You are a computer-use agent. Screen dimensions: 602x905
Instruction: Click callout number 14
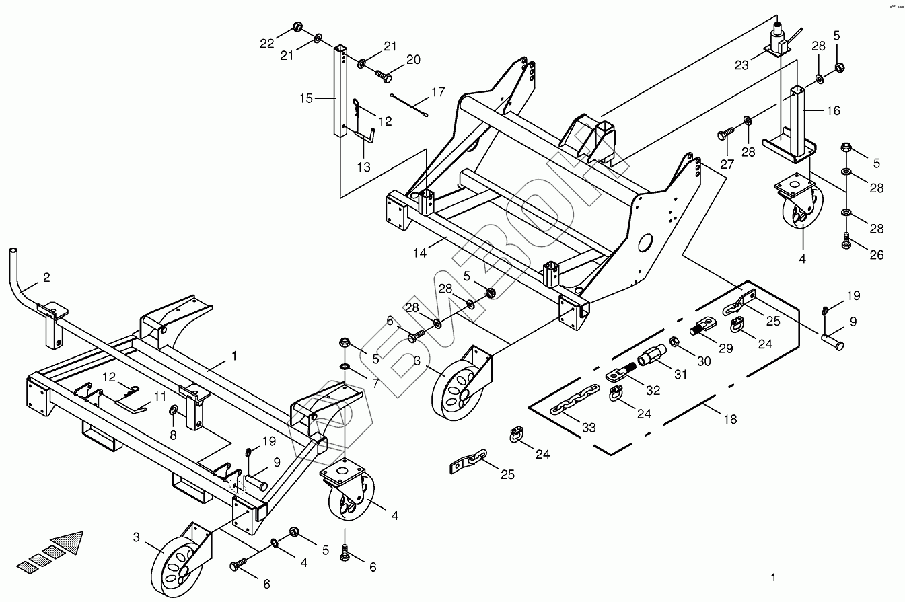[x=420, y=254]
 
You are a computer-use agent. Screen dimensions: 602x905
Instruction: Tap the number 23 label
[x=741, y=65]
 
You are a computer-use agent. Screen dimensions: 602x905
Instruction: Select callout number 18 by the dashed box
[x=729, y=419]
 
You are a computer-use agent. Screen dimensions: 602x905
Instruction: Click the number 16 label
[x=833, y=110]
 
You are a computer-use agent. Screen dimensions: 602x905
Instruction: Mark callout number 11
[x=159, y=396]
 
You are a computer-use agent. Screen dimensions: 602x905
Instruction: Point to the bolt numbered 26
[x=846, y=241]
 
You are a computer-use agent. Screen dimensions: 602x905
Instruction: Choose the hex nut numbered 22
[x=296, y=28]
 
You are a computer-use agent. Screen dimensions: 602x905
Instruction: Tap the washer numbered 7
[x=345, y=367]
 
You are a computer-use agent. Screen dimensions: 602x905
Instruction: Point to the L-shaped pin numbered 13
[x=367, y=136]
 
